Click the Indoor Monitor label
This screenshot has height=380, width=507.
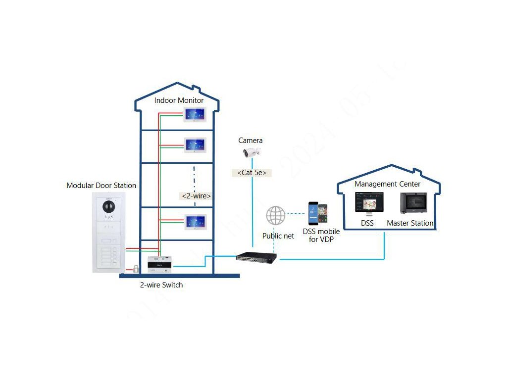point(179,100)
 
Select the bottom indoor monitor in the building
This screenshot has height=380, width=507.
point(195,221)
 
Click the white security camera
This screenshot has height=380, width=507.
point(251,152)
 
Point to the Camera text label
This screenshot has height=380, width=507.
point(251,141)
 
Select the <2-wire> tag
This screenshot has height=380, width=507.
point(197,196)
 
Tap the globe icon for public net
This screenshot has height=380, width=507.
point(276,215)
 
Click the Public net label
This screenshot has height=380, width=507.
point(278,236)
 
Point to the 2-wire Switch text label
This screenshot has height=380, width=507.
point(161,285)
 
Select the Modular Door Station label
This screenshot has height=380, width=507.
point(101,186)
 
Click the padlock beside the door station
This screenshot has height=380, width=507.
point(135,269)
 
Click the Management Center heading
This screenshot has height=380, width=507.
point(388,184)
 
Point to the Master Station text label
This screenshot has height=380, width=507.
point(410,223)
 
